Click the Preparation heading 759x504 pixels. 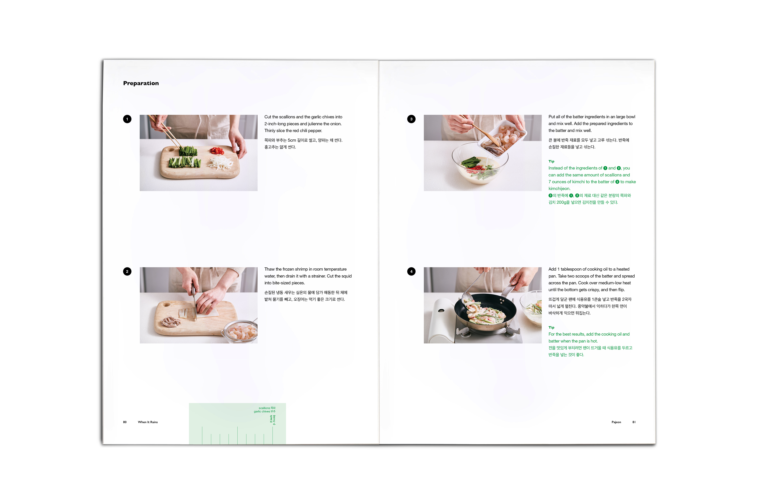pos(141,83)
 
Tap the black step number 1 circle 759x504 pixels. pos(127,119)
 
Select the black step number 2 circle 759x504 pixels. pos(127,272)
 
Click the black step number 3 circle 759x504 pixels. pos(411,119)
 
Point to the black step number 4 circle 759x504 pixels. pos(411,272)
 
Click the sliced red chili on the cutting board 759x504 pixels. pos(217,150)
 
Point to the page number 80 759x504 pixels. pos(125,422)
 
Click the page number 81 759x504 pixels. pos(634,422)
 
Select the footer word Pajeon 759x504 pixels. pos(616,422)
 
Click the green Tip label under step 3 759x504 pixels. pos(551,161)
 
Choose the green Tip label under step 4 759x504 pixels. pos(551,328)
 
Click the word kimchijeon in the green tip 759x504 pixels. pos(559,189)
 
